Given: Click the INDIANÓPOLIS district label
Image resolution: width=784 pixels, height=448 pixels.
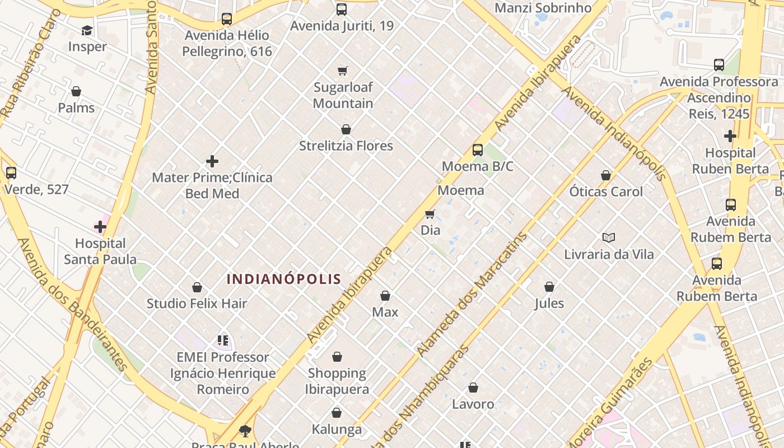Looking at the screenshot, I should coord(284,279).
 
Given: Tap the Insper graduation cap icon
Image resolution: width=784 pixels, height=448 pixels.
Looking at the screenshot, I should coord(87,30).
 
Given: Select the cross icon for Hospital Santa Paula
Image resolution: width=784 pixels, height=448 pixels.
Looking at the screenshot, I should coord(100,227).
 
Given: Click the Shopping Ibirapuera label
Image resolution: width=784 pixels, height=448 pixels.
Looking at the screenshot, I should coord(337,381).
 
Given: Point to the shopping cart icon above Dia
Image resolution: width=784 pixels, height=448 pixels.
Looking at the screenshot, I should coord(430,214).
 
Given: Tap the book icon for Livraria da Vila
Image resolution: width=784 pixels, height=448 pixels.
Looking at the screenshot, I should coord(609,237).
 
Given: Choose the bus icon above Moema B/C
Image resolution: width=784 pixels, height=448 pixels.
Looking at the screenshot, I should coord(478,150).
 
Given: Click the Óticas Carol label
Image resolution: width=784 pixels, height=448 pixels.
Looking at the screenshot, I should coord(606,192).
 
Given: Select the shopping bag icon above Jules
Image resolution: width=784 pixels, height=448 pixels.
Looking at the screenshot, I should coord(549,287).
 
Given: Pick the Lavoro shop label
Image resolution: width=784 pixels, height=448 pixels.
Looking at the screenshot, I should coord(473,404).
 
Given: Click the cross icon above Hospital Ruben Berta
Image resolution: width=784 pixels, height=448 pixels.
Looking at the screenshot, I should coord(730,136).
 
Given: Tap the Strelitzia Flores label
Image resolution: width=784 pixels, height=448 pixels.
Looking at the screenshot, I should coord(346,146).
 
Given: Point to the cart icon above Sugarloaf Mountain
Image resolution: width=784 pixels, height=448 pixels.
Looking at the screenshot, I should coord(343,71).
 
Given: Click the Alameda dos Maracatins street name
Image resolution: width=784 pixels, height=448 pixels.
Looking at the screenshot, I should coord(472,295).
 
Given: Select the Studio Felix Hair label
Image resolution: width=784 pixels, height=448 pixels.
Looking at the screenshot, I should coord(197,304).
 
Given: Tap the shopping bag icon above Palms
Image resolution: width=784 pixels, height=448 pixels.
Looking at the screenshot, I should coord(76,91).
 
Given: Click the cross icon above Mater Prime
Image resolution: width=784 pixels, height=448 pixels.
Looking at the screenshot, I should coord(212,162).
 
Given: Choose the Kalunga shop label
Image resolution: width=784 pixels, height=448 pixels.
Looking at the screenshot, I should coord(337,430).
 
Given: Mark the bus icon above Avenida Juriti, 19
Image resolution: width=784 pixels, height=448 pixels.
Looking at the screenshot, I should coord(342,10).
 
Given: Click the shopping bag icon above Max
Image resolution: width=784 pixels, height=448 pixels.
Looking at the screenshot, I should coord(385,296).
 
